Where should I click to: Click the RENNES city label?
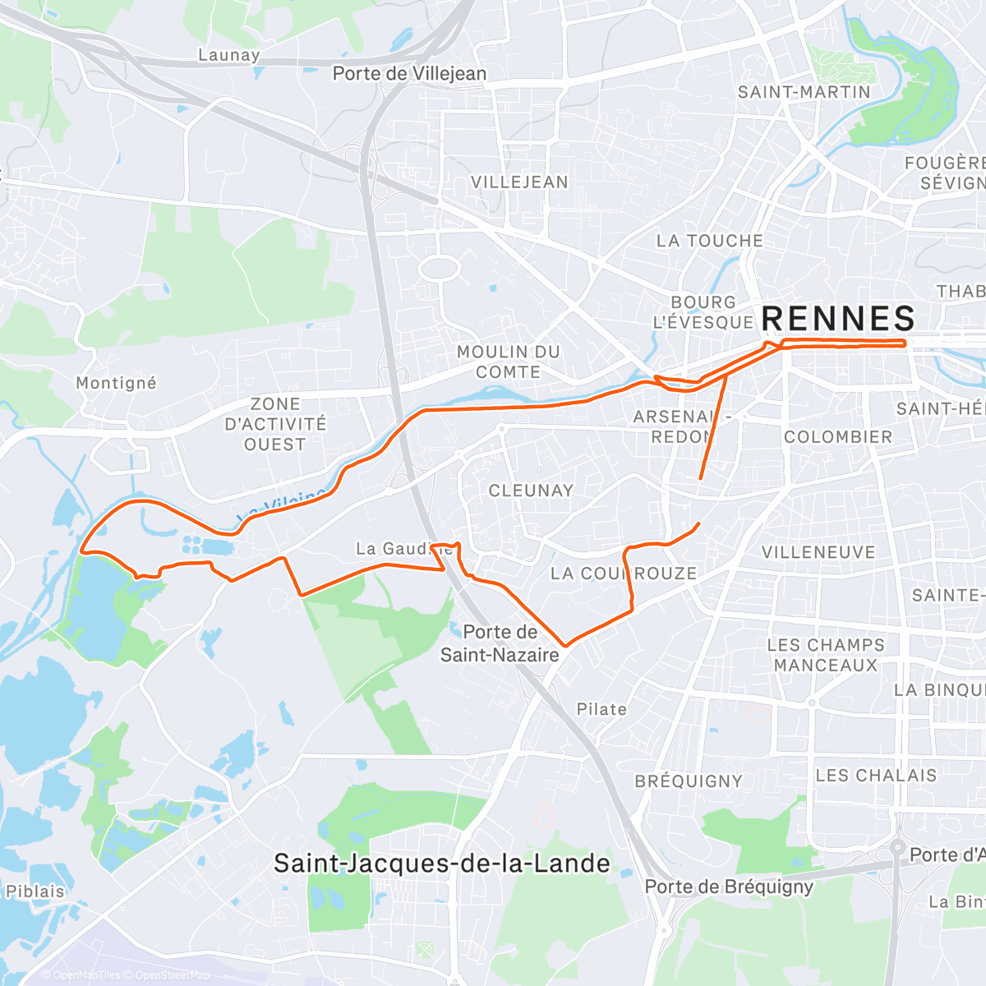pyautogui.click(x=838, y=319)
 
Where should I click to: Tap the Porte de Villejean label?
pyautogui.click(x=409, y=74)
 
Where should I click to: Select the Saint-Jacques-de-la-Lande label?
pyautogui.click(x=441, y=864)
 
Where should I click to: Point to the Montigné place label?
pyautogui.click(x=116, y=383)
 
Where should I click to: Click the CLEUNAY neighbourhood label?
pyautogui.click(x=531, y=491)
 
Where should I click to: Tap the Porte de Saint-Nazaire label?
pyautogui.click(x=500, y=643)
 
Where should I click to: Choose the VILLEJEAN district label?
pyautogui.click(x=519, y=182)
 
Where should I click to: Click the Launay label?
pyautogui.click(x=229, y=55)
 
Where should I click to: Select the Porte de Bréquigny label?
pyautogui.click(x=729, y=887)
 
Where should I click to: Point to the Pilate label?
pyautogui.click(x=601, y=709)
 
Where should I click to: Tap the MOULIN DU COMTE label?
pyautogui.click(x=508, y=362)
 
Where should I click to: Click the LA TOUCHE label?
pyautogui.click(x=709, y=241)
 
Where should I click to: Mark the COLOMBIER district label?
pyautogui.click(x=837, y=437)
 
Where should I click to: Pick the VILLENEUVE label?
pyautogui.click(x=818, y=552)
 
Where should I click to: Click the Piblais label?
pyautogui.click(x=35, y=892)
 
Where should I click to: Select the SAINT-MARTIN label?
pyautogui.click(x=804, y=92)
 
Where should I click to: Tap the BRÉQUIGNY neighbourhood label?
pyautogui.click(x=689, y=781)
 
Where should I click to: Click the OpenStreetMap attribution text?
pyautogui.click(x=172, y=975)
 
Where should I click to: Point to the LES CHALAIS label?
pyautogui.click(x=876, y=776)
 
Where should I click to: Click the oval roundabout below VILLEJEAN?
pyautogui.click(x=441, y=268)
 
